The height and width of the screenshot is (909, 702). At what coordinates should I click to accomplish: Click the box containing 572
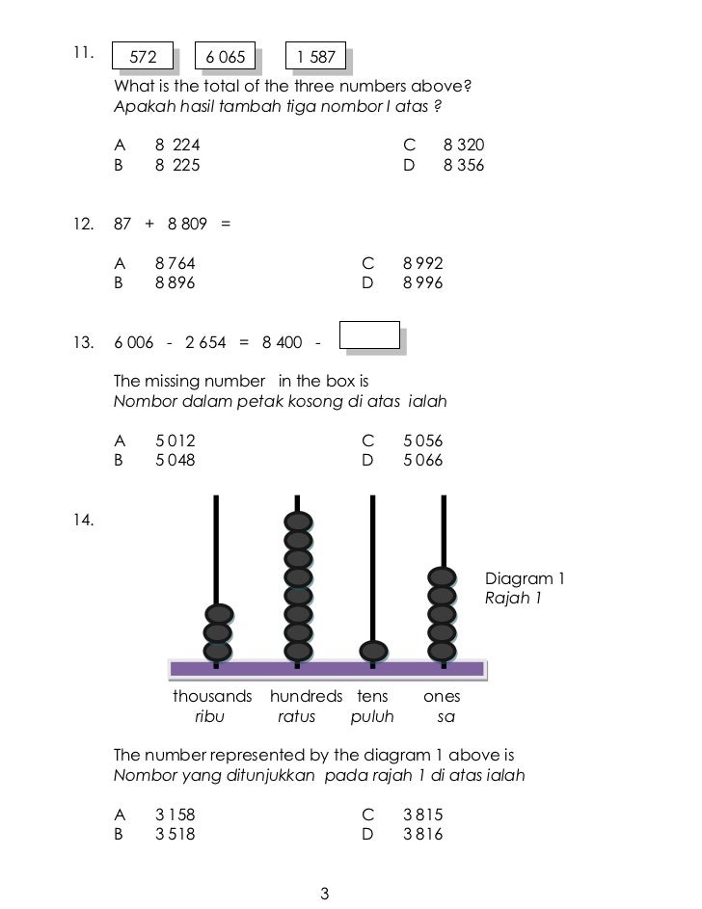click(144, 58)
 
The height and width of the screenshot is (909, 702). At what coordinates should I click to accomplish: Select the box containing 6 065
click(226, 58)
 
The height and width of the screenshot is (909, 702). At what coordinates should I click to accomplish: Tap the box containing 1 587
click(316, 58)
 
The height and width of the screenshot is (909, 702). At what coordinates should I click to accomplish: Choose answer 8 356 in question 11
click(463, 165)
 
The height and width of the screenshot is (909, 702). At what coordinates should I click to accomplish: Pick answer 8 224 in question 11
click(177, 145)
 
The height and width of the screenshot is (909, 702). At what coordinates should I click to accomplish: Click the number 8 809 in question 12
click(187, 224)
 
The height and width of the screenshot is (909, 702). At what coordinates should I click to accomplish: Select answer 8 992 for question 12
click(422, 262)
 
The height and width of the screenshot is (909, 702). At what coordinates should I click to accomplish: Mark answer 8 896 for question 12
click(175, 282)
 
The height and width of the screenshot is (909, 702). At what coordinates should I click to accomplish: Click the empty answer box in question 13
click(370, 334)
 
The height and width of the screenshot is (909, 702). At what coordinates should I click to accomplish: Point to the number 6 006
click(134, 343)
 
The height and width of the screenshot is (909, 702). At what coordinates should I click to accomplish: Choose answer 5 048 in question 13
click(175, 460)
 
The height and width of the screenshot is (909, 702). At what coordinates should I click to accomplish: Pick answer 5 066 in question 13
click(422, 460)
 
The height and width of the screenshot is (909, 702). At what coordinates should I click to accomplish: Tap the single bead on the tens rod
click(373, 651)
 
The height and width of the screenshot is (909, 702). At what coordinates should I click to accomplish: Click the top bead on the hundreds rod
click(299, 521)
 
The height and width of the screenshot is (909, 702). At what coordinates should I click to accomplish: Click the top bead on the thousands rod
click(219, 613)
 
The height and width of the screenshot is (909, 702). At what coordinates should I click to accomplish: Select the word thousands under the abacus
click(212, 696)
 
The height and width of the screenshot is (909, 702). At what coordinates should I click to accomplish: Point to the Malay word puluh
click(372, 717)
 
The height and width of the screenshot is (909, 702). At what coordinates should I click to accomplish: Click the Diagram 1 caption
click(524, 579)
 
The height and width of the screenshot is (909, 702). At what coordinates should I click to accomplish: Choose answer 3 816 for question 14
click(422, 834)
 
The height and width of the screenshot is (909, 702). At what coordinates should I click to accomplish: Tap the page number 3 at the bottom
click(324, 894)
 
